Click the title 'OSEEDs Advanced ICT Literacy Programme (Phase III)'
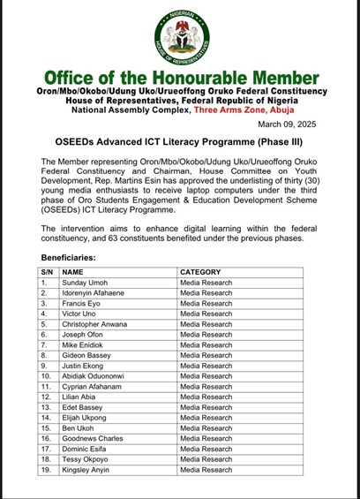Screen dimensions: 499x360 (179, 141)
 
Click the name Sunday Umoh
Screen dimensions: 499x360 (86, 283)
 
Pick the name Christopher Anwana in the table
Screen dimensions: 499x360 (94, 324)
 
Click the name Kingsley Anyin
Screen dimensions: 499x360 (86, 470)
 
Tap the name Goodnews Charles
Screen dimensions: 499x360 (92, 439)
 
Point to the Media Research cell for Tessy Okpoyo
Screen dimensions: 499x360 (206, 459)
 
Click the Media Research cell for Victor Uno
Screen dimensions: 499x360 (206, 314)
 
